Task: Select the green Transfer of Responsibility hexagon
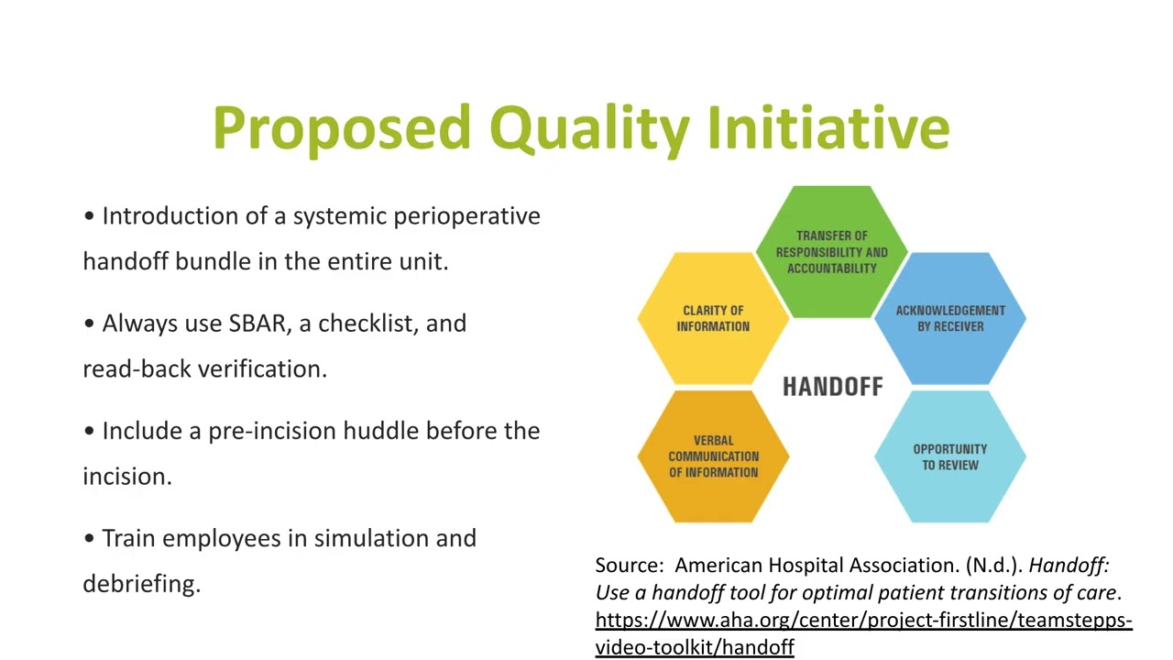click(831, 252)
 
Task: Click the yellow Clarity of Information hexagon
click(713, 318)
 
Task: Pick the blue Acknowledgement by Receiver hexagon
click(950, 318)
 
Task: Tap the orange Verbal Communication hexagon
click(713, 456)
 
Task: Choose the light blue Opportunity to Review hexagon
click(950, 456)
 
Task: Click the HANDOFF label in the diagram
click(833, 387)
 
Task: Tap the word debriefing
click(142, 585)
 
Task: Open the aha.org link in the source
click(863, 633)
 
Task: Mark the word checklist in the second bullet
click(368, 324)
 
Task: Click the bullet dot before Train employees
click(89, 538)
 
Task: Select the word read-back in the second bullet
click(137, 368)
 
